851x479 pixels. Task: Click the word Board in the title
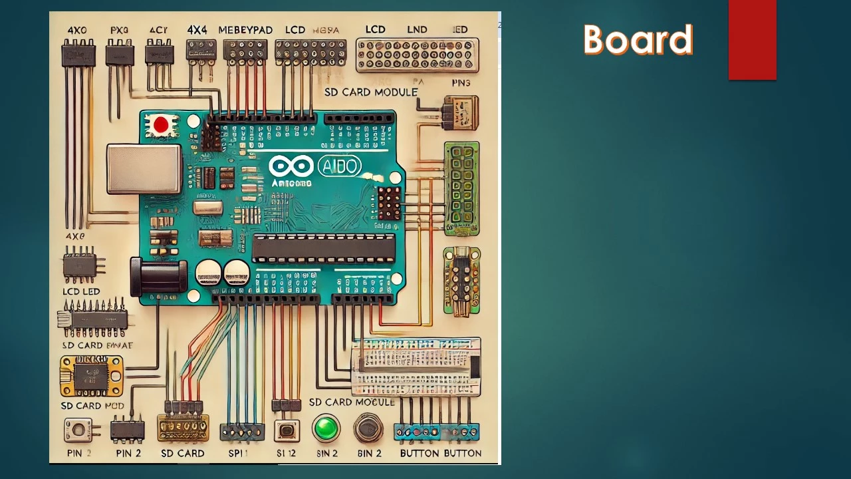(638, 40)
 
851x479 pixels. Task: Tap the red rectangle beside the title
(752, 40)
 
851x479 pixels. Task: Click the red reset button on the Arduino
(160, 124)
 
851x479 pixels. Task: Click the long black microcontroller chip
(324, 248)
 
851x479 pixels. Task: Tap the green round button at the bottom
(326, 428)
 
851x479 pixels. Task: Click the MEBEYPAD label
(246, 30)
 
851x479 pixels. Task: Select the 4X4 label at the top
(197, 30)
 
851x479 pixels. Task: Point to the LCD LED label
(81, 291)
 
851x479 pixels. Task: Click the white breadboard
(416, 366)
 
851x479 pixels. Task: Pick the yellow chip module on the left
(91, 376)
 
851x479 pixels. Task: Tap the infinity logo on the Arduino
(291, 166)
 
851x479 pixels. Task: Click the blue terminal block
(437, 432)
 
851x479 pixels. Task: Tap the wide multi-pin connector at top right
(417, 55)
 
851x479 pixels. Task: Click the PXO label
(120, 30)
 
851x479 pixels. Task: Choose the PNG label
(460, 82)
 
